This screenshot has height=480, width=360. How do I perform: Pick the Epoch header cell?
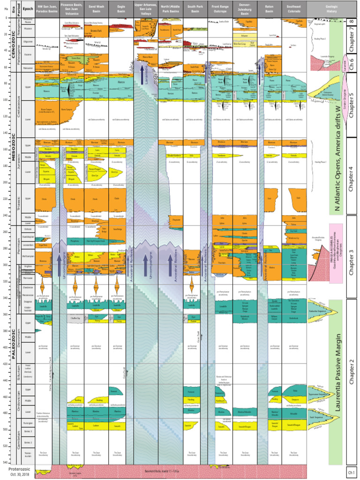[28, 8]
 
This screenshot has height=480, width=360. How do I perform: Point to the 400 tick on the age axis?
[5, 347]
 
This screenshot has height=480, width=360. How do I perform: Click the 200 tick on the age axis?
[5, 183]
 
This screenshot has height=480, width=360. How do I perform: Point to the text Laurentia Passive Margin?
[337, 375]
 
